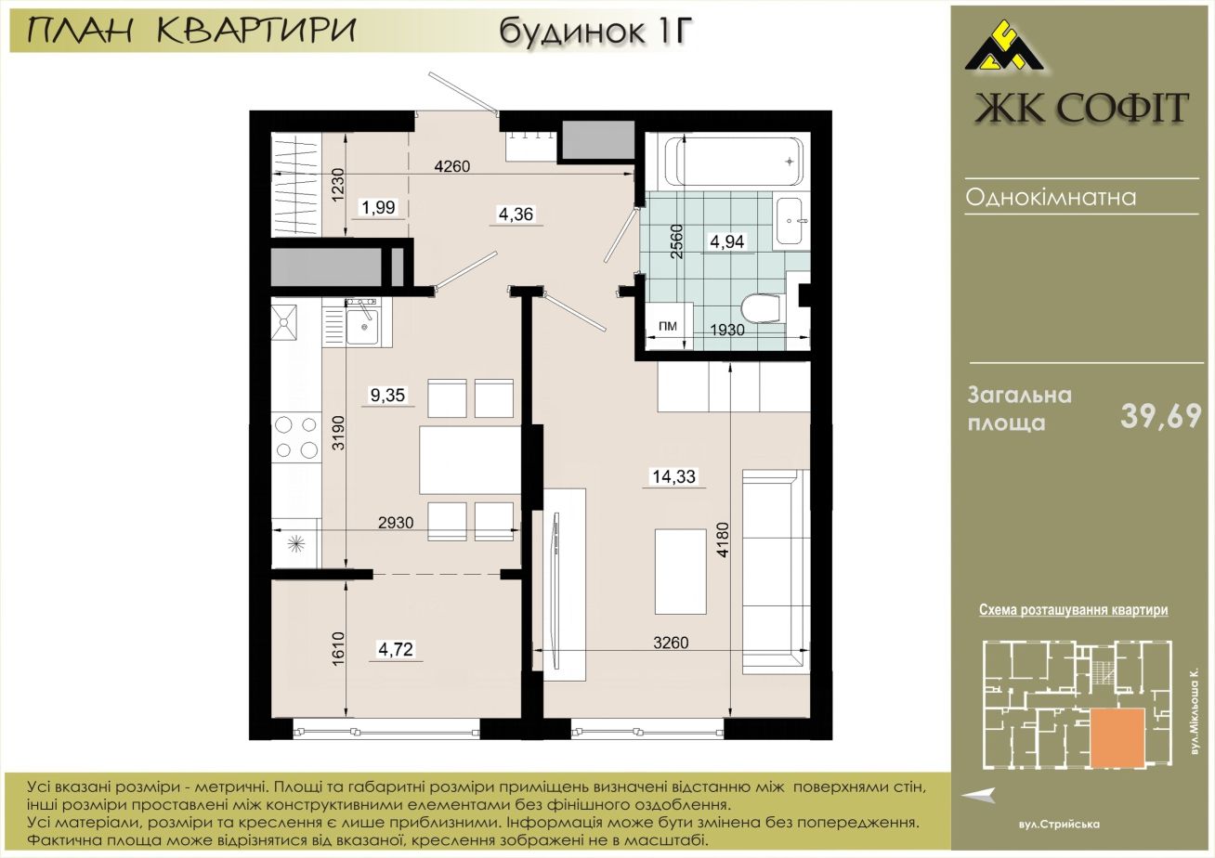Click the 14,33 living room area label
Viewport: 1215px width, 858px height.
[x=673, y=476]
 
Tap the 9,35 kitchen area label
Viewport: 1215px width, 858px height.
[x=387, y=395]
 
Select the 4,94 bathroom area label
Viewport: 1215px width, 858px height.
[x=726, y=241]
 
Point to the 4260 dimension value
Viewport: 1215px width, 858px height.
[x=451, y=166]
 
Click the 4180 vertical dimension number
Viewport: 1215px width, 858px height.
[x=723, y=539]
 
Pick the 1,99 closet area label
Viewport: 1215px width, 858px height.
[x=379, y=207]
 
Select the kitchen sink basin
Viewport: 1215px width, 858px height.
[x=362, y=327]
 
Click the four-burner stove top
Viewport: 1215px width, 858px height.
[x=296, y=437]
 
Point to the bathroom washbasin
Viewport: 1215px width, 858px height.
[x=791, y=221]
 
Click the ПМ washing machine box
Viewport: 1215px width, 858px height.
[x=668, y=326]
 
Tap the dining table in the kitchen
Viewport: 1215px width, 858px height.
[x=470, y=460]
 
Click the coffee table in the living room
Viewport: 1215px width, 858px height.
[x=681, y=572]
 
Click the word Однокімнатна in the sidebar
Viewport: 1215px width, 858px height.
[x=1051, y=197]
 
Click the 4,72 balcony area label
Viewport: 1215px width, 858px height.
[x=396, y=649]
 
